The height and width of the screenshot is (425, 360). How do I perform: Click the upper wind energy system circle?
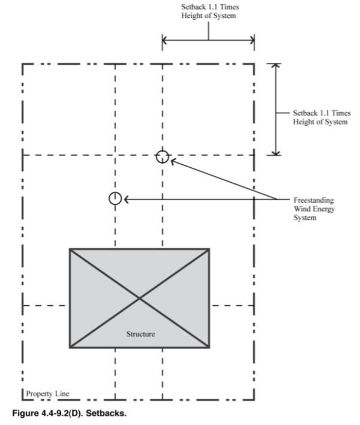(x=162, y=156)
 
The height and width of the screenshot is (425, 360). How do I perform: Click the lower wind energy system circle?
(x=115, y=198)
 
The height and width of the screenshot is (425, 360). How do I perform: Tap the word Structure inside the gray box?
(x=140, y=334)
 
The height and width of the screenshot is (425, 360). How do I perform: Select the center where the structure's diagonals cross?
(x=140, y=298)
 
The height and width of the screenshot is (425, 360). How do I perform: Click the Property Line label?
(x=47, y=393)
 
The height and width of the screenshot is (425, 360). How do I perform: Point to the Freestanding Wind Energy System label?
(x=314, y=209)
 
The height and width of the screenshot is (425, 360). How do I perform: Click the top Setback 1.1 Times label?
(x=209, y=12)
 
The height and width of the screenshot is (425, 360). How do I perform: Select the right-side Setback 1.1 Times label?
(x=320, y=117)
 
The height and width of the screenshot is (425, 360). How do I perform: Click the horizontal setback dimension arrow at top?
(x=208, y=40)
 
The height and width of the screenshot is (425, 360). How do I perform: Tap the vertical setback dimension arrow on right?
(x=275, y=109)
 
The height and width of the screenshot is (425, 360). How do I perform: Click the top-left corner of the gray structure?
(x=70, y=249)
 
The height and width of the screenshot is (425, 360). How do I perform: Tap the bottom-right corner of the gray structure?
(x=209, y=347)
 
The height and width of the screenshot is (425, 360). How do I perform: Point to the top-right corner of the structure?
(x=209, y=249)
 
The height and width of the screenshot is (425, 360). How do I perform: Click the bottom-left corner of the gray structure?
(x=70, y=347)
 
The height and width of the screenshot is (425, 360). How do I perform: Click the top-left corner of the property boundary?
(x=23, y=64)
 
